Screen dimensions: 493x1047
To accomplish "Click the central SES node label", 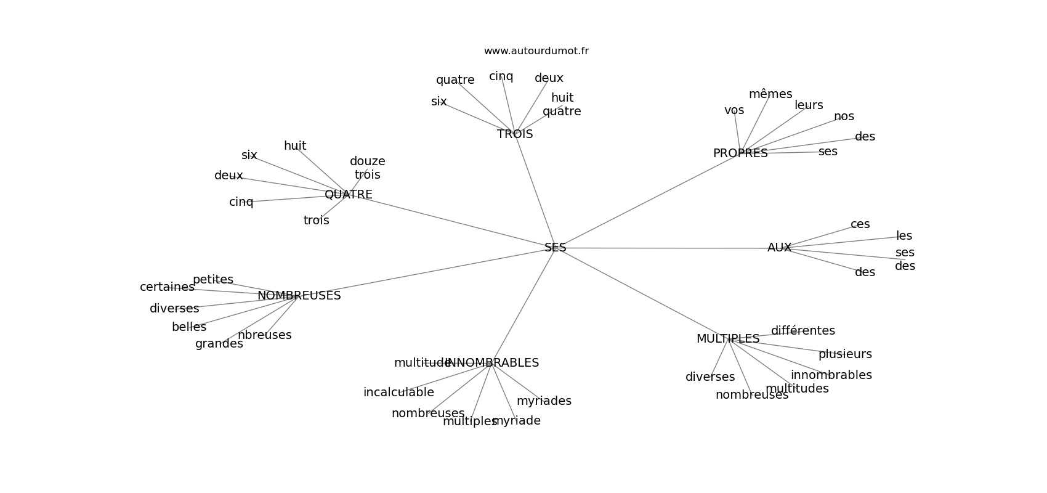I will [555, 248].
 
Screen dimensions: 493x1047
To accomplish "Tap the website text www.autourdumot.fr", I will [536, 51].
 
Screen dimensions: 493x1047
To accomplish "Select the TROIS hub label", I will [515, 134].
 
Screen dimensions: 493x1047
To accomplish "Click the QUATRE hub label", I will [348, 195].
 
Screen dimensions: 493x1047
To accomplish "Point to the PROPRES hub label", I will [740, 153].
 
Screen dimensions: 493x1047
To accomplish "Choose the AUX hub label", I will [779, 248].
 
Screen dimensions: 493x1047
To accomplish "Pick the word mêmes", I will [770, 94].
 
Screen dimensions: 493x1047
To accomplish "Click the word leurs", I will [809, 105].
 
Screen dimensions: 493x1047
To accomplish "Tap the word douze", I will [368, 161].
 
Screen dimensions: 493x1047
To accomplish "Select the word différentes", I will [803, 331].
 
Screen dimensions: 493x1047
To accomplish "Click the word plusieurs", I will [845, 354].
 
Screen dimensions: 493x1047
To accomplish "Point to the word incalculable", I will [398, 393].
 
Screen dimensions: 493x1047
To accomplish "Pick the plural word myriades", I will [544, 401].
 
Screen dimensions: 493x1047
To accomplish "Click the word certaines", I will [167, 287].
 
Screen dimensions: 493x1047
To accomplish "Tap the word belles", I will [189, 327].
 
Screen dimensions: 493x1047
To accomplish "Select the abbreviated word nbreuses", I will [264, 335].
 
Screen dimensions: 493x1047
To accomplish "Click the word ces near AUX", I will [860, 224].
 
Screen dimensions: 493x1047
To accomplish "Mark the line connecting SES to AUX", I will [665, 248].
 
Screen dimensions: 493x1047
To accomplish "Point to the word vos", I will [734, 110].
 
